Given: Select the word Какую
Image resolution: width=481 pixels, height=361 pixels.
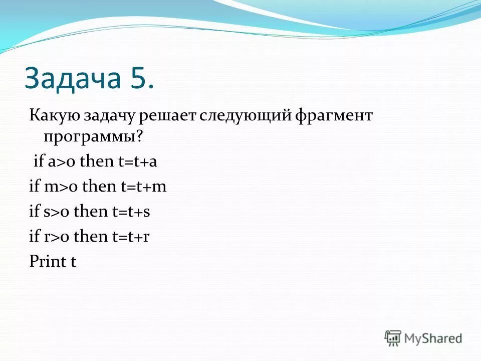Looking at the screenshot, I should click(52, 116).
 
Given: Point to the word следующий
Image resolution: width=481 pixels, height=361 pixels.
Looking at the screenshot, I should click(246, 116).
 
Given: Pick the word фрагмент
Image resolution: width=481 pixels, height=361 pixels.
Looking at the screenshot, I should click(335, 116).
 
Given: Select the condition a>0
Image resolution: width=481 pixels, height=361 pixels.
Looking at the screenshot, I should click(62, 162).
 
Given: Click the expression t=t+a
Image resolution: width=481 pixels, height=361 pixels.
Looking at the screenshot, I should click(136, 162).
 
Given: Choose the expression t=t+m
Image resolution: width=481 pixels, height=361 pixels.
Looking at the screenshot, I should click(143, 187).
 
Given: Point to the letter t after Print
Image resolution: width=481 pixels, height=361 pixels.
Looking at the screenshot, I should click(73, 261).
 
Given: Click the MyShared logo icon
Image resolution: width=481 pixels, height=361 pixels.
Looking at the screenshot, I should click(393, 338).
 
